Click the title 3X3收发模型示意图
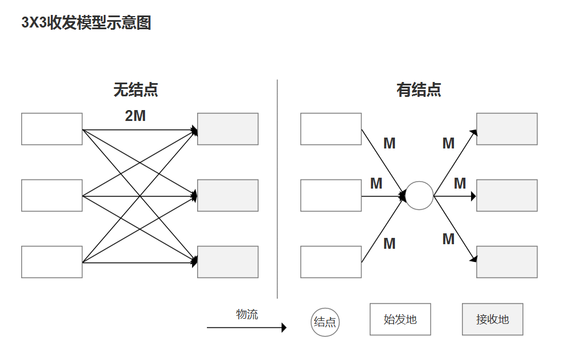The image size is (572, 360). tap(86, 23)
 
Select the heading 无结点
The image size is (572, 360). tap(136, 90)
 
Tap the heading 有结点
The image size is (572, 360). tap(418, 90)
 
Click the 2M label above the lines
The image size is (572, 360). tap(135, 116)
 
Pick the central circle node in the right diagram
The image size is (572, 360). tap(420, 195)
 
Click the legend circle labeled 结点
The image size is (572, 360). tap(325, 322)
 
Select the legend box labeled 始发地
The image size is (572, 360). tap(399, 319)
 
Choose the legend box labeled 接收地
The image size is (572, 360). tap(492, 319)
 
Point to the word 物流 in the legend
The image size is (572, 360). tap(247, 314)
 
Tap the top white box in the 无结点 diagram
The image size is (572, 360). tap(52, 129)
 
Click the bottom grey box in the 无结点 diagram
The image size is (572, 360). tap(228, 262)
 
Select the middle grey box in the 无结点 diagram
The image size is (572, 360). tap(228, 195)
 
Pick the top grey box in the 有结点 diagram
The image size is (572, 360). tap(507, 129)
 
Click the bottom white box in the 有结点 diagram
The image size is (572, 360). tap(331, 262)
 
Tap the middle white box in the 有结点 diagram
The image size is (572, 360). tap(331, 195)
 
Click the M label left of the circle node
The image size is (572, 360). tap(376, 184)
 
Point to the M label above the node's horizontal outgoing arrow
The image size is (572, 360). tap(460, 184)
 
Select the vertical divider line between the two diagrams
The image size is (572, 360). tap(277, 189)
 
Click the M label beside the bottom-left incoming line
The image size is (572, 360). tap(389, 244)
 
